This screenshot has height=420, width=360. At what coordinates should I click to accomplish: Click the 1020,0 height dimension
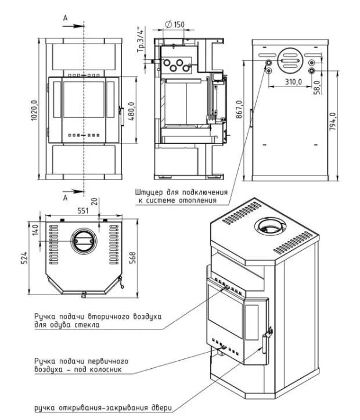coord(34,110)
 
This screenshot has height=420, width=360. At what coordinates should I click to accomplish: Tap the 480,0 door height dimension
coord(132,111)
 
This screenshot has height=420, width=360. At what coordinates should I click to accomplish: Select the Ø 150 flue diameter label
coord(175,24)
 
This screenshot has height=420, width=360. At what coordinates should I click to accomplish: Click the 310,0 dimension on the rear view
coord(293,81)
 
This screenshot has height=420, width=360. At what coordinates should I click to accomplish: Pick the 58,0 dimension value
coord(318,87)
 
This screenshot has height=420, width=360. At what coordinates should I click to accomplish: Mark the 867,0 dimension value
coord(239,109)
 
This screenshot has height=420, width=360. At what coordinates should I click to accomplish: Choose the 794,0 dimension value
coord(333,121)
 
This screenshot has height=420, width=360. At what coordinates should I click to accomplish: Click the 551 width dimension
coord(83,211)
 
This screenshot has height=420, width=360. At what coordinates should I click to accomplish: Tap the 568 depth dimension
coord(133,258)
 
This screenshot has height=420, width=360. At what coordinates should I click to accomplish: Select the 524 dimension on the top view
coord(24,258)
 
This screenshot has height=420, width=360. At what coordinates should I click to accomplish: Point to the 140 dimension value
coord(35,229)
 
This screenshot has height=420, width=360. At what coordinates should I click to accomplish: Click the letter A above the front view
coord(65,18)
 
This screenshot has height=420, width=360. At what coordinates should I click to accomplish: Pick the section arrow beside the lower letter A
coord(73,191)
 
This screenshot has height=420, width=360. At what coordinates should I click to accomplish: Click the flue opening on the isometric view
coord(270,227)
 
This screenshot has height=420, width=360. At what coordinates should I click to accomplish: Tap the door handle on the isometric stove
coord(264,343)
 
